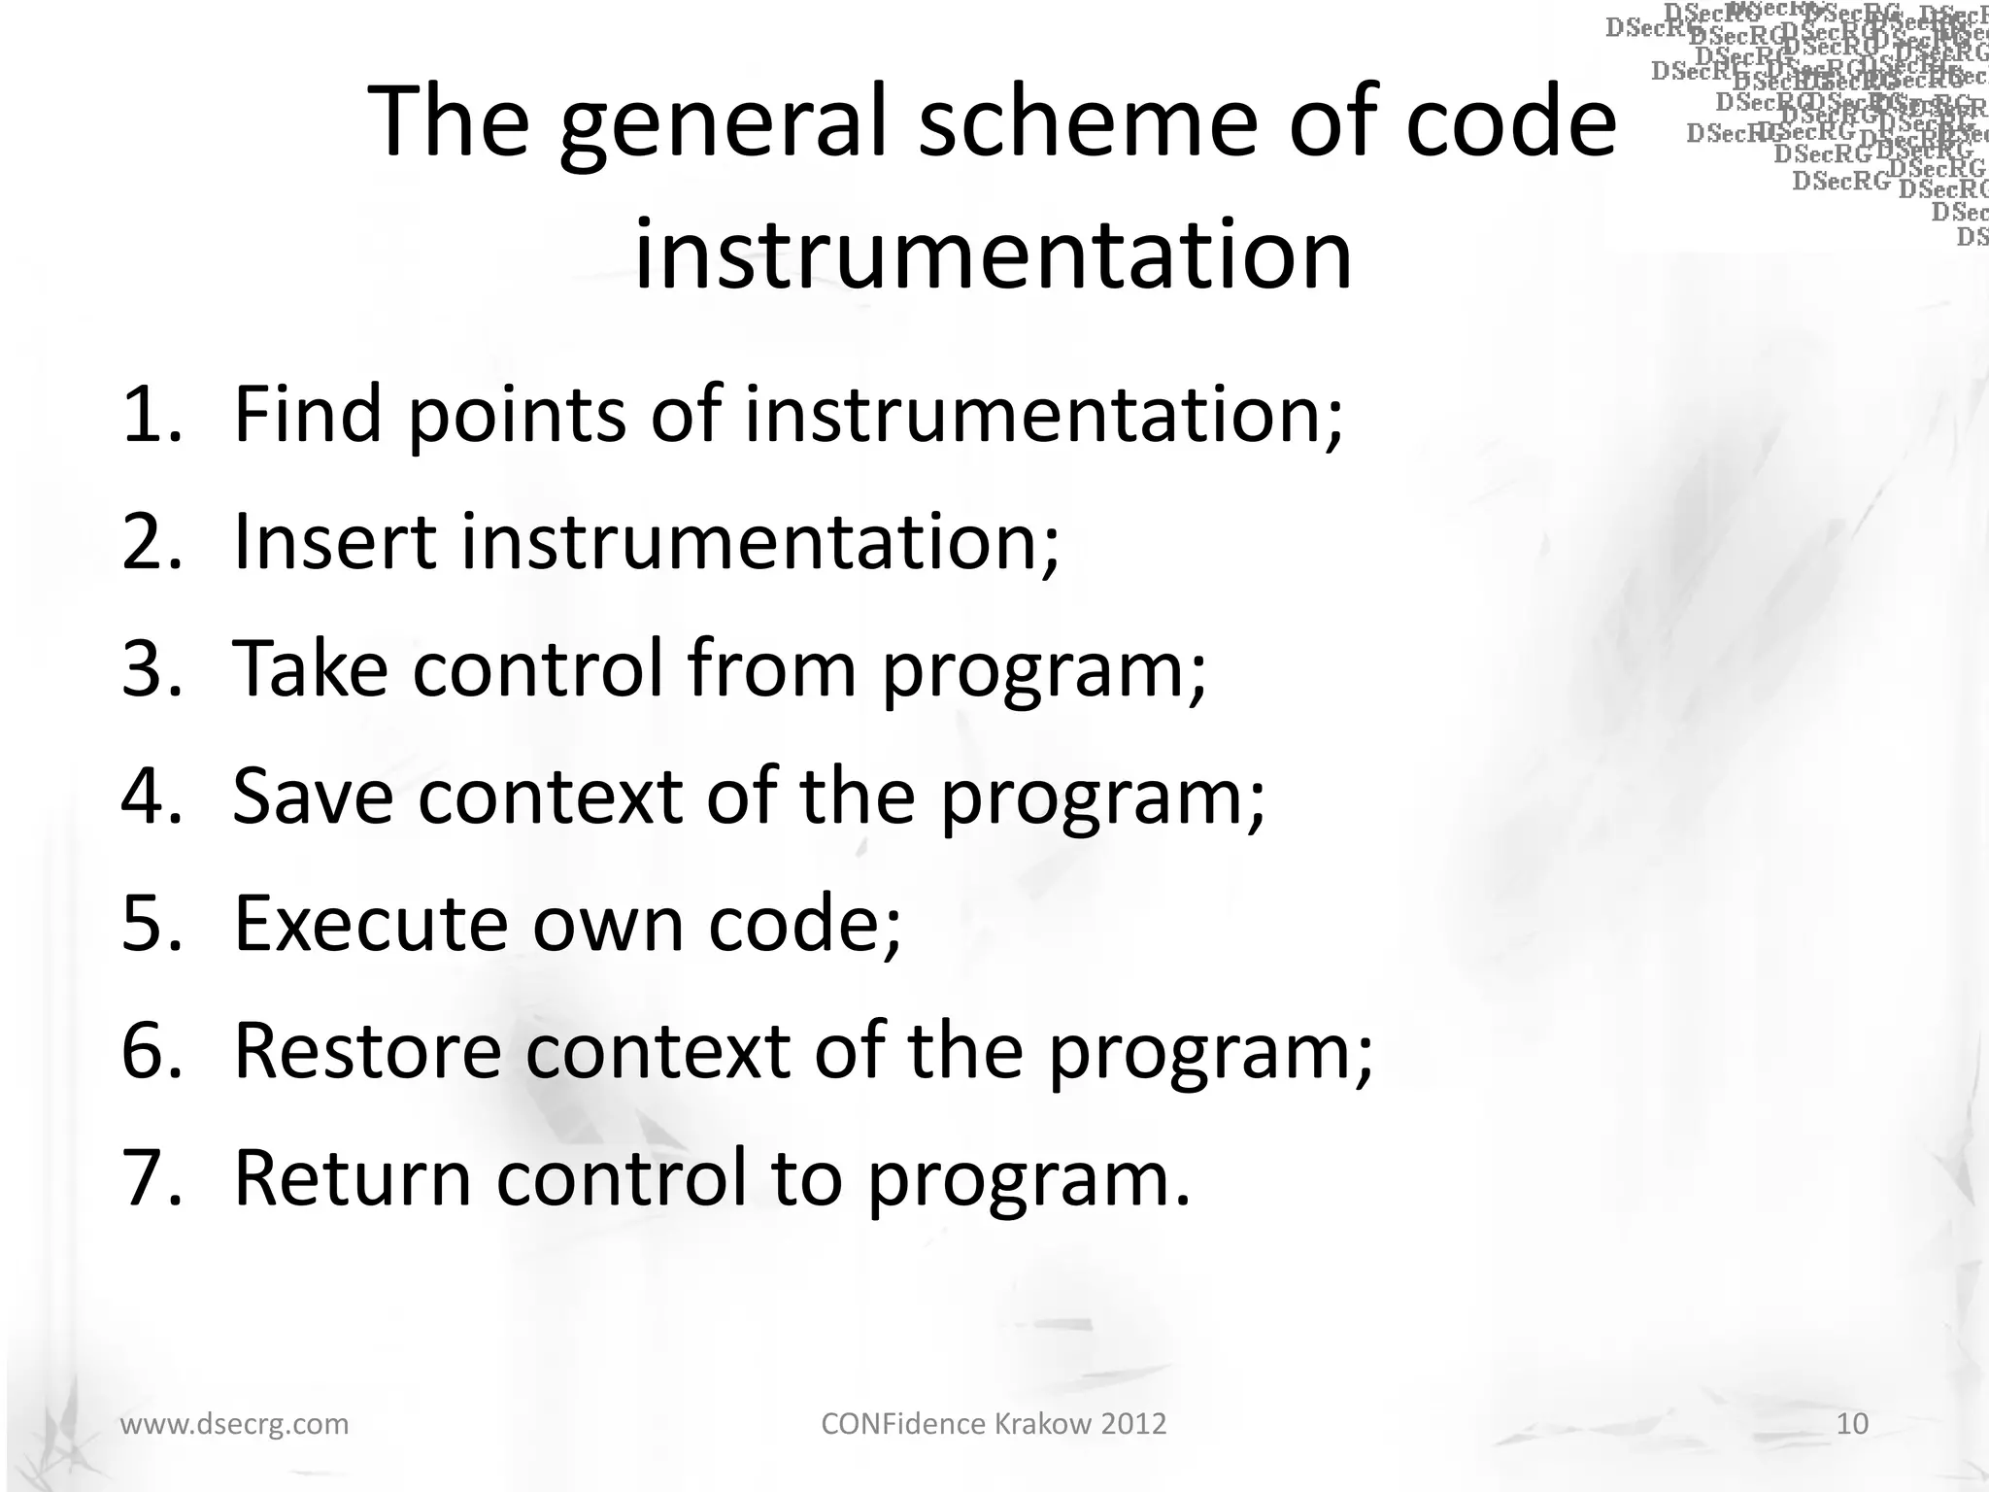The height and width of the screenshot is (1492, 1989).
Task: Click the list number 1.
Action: (150, 415)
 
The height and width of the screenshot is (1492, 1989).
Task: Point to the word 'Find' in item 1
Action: (308, 415)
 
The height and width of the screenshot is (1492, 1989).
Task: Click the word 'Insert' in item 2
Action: (335, 542)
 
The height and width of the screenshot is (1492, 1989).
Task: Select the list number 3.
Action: (150, 669)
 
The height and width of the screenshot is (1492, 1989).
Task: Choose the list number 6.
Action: (150, 1051)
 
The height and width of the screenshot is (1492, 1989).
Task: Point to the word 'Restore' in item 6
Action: (367, 1051)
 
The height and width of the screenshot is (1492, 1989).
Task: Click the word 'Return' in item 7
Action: (353, 1178)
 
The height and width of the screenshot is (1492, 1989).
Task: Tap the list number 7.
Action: (150, 1178)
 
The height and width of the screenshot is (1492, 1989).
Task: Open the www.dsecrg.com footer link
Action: (233, 1424)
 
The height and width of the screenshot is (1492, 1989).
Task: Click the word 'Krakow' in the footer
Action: (1039, 1424)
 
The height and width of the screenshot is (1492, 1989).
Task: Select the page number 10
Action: (1852, 1424)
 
